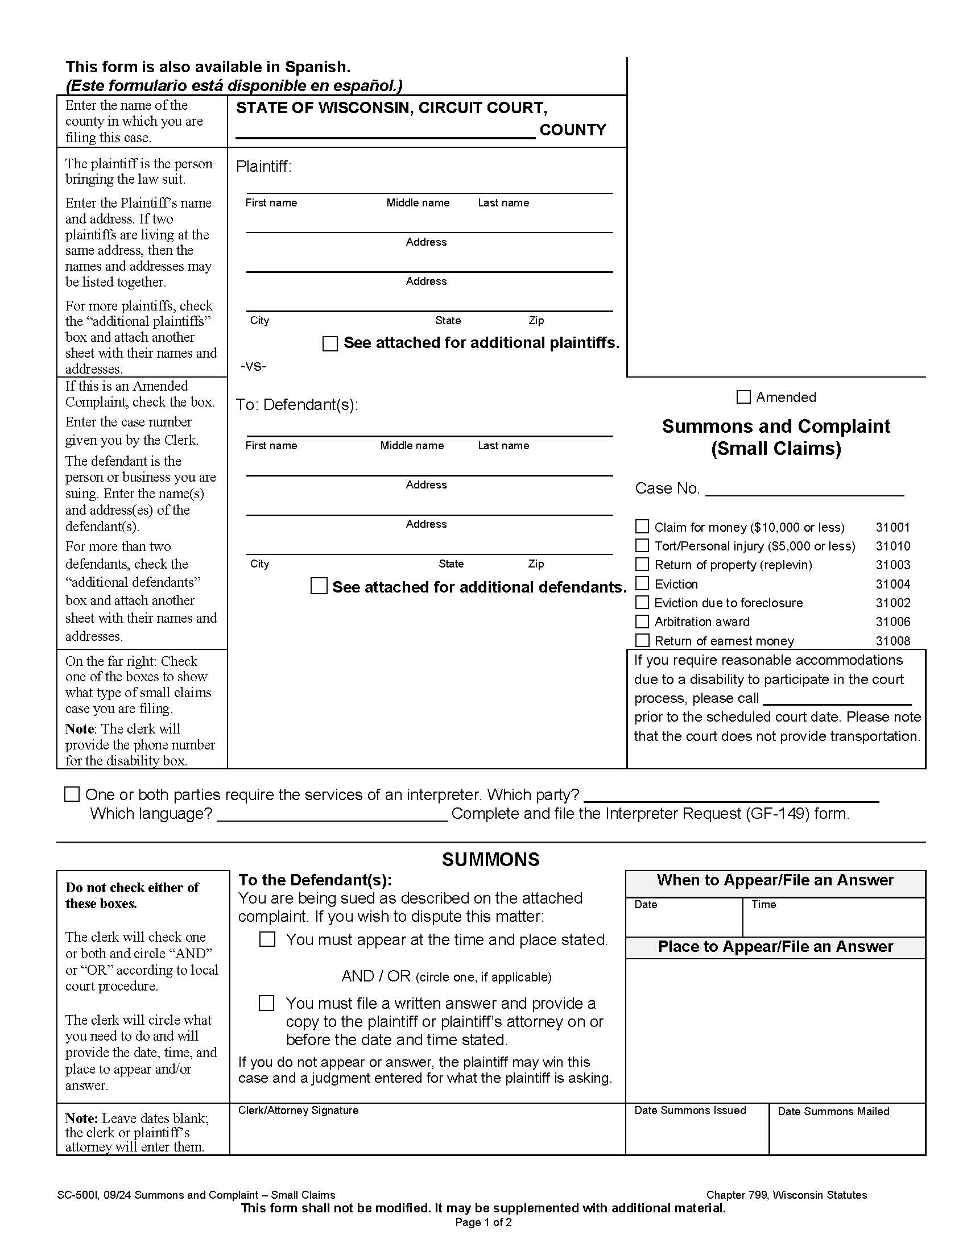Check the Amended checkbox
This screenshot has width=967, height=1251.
pyautogui.click(x=743, y=397)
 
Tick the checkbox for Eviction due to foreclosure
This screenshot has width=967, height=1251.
pyautogui.click(x=642, y=603)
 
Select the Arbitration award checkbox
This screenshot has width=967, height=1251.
pyautogui.click(x=642, y=622)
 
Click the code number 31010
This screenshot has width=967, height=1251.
pyautogui.click(x=892, y=546)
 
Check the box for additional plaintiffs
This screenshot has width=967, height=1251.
pyautogui.click(x=330, y=343)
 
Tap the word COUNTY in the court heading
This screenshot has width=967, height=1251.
pyautogui.click(x=572, y=130)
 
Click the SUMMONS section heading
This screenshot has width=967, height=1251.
pyautogui.click(x=490, y=859)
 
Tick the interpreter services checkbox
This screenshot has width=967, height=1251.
pyautogui.click(x=72, y=794)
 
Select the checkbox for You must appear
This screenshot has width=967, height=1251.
pyautogui.click(x=267, y=939)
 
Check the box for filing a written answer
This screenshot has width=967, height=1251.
pyautogui.click(x=266, y=1003)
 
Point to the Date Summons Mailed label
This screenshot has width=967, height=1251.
pyautogui.click(x=833, y=1112)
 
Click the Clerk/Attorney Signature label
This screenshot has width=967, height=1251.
pyautogui.click(x=298, y=1110)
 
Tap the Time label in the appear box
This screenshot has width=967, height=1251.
pyautogui.click(x=763, y=905)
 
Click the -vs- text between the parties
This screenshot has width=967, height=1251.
pyautogui.click(x=253, y=366)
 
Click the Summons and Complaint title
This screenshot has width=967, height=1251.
pyautogui.click(x=776, y=426)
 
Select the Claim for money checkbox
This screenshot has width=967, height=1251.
pyautogui.click(x=642, y=527)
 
